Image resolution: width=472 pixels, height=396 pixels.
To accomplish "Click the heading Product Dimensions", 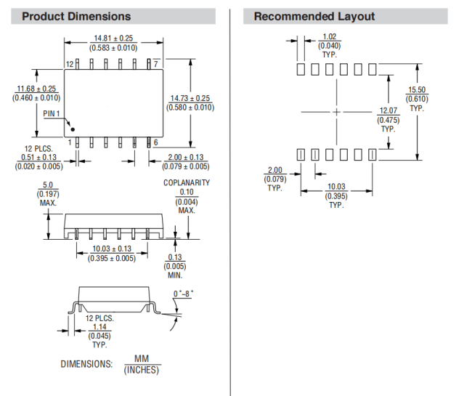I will [76, 17].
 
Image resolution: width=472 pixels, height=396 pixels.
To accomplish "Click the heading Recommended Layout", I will [314, 17].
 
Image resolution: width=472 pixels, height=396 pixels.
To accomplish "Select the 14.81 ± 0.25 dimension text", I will [113, 39].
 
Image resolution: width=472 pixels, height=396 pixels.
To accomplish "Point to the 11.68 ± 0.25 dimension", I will [36, 89].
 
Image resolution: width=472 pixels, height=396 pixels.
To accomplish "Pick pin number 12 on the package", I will [70, 65].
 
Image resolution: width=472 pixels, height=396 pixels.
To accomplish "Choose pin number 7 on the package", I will [156, 65].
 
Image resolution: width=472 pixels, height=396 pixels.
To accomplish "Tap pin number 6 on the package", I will [155, 142].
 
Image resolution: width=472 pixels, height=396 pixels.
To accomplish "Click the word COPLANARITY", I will [187, 182].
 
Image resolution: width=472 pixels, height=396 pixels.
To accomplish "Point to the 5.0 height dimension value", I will [48, 185].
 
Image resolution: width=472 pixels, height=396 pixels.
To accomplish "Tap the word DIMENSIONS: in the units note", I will [86, 364].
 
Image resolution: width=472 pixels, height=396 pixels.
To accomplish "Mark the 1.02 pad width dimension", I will [330, 36].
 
